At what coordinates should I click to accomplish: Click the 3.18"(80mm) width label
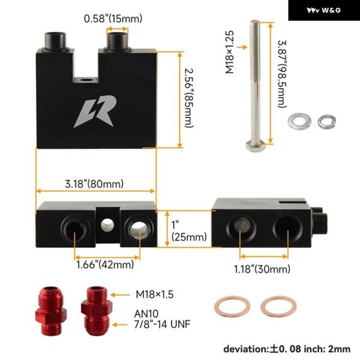tap(94, 184)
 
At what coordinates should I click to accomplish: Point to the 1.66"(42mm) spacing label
tap(104, 264)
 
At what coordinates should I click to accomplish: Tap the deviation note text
tap(287, 349)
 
